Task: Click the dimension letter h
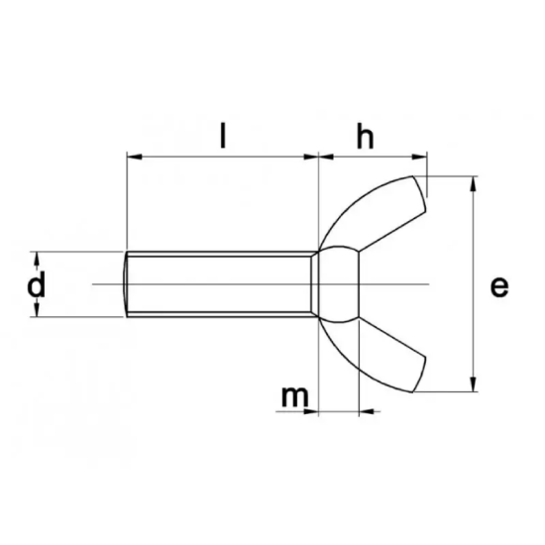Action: (x=366, y=138)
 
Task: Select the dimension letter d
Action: (x=37, y=285)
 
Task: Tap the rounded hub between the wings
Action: (x=342, y=285)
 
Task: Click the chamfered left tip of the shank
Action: (x=130, y=285)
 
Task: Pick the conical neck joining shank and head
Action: (x=318, y=285)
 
